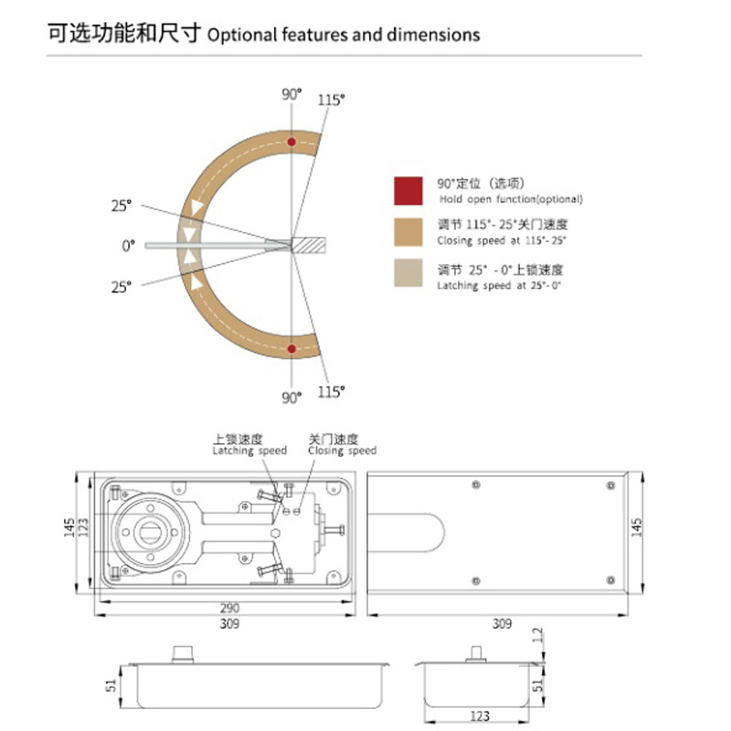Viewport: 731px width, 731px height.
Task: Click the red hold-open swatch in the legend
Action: [x=408, y=191]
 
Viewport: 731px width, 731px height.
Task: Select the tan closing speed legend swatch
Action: [x=408, y=232]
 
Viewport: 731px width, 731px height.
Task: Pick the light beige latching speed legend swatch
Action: [x=408, y=273]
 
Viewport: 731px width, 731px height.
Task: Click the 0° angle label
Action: [x=128, y=245]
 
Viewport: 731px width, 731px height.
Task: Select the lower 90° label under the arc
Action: [x=291, y=397]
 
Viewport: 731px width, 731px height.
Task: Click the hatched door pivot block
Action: [x=309, y=245]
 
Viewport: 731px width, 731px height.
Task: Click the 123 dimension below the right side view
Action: [x=481, y=715]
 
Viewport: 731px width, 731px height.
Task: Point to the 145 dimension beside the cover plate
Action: [x=637, y=527]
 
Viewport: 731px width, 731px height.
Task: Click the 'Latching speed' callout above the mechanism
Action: [x=249, y=450]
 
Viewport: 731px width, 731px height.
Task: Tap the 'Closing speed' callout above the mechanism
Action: [x=342, y=450]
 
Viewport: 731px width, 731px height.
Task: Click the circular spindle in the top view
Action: [x=151, y=527]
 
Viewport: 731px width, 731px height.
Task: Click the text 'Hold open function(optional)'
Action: [x=510, y=199]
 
